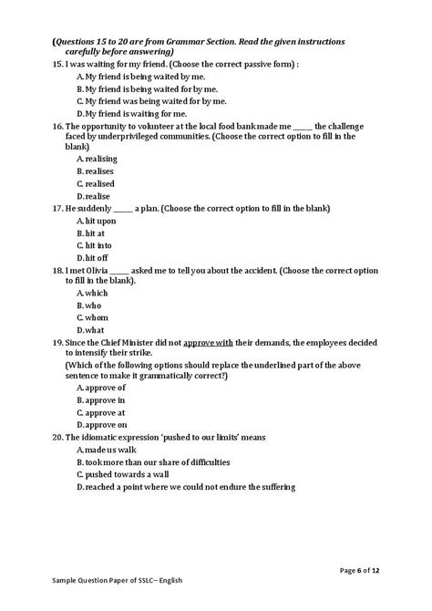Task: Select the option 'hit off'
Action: [94, 257]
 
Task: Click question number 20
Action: [58, 437]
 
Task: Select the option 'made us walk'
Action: [108, 450]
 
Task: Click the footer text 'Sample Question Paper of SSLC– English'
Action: [102, 604]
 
